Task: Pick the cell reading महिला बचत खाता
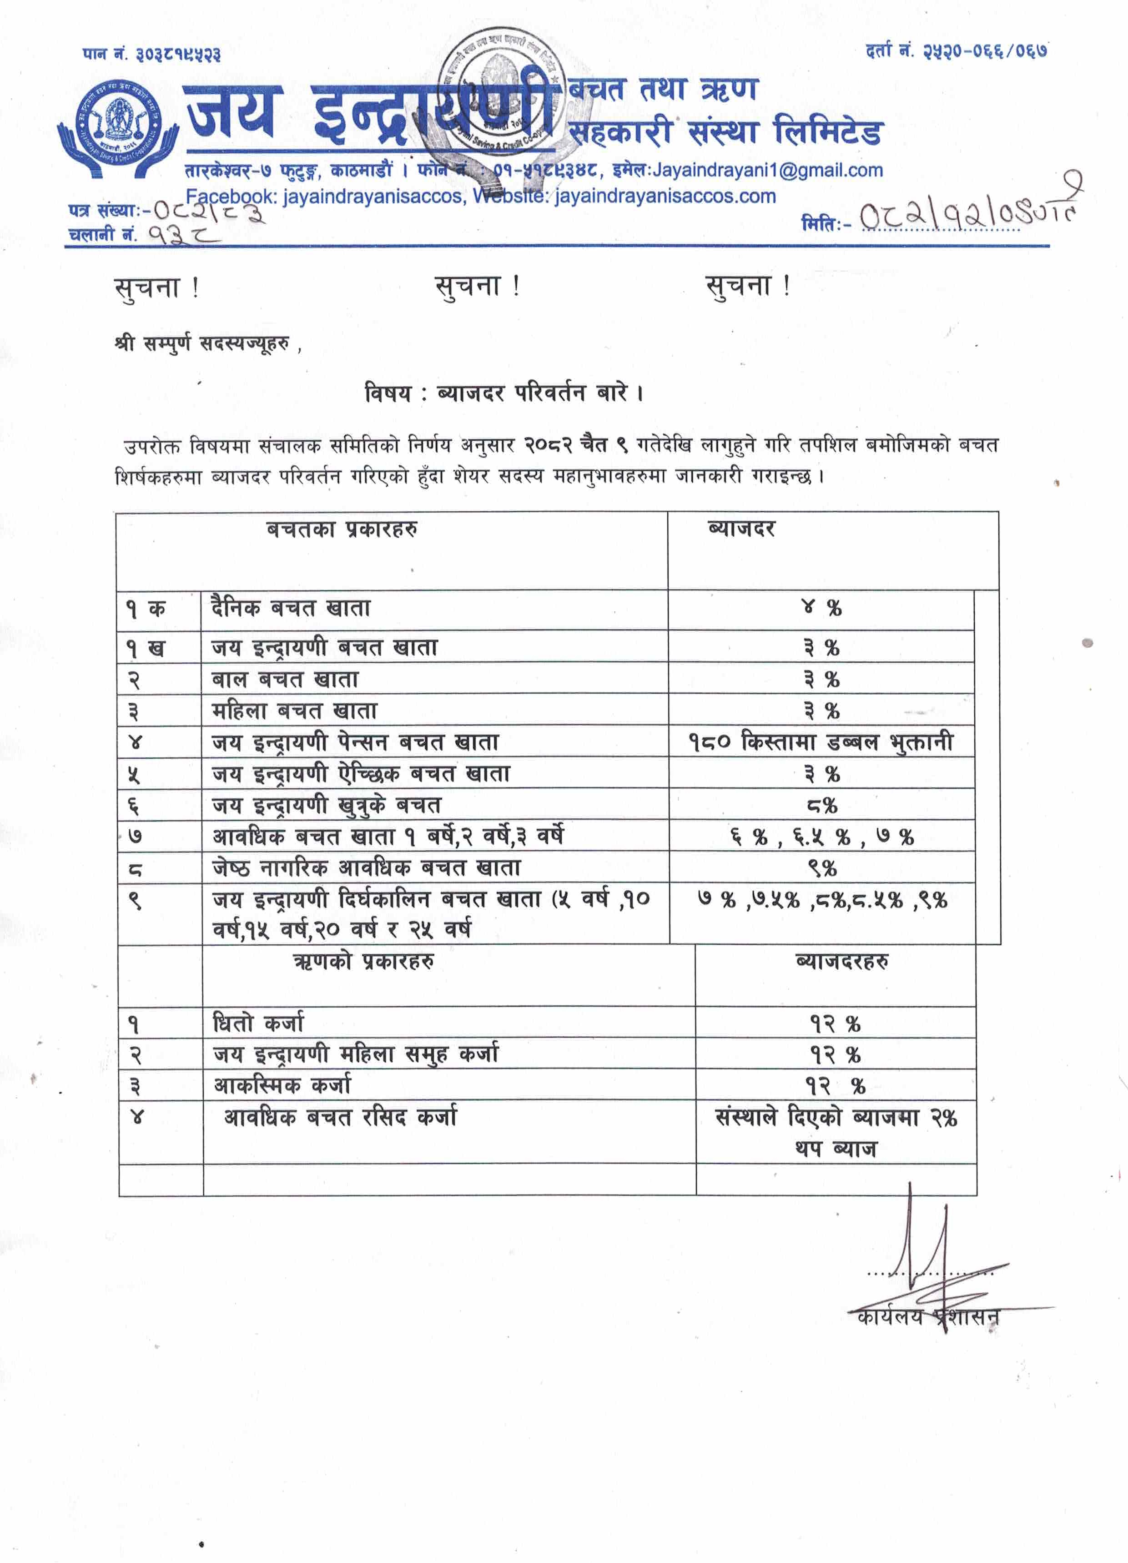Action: click(294, 711)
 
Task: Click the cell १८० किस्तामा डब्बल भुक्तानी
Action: click(821, 742)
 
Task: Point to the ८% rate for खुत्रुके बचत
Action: click(822, 805)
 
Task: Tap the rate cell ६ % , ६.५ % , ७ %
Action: click(822, 837)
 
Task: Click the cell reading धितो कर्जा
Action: click(258, 1024)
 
